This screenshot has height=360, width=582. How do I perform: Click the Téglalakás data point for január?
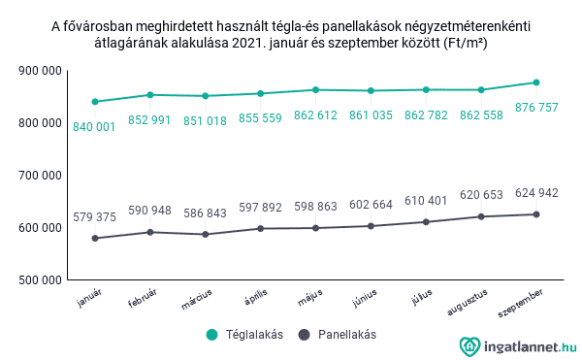coord(95,102)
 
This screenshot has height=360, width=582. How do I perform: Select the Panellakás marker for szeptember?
coord(536,214)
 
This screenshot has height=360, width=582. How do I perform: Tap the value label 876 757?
coord(536,107)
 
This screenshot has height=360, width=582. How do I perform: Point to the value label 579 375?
coord(95,217)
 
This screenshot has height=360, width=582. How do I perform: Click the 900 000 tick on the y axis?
coord(41,71)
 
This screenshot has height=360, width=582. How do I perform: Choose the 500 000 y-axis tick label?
coord(41,280)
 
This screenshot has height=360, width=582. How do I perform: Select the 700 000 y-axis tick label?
coord(41,176)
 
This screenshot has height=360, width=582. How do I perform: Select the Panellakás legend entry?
coord(337,335)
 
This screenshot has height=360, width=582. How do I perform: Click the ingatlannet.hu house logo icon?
coord(469,345)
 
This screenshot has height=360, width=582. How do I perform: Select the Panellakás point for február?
coord(150,232)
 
